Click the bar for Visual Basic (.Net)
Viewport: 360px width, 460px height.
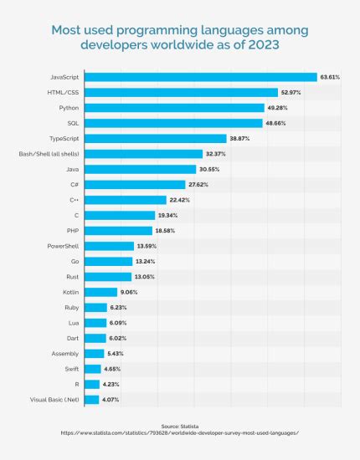[x=91, y=400]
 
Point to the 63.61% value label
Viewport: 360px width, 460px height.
[x=329, y=77]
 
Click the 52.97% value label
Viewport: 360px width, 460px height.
[x=291, y=93]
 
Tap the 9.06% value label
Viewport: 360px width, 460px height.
[x=129, y=292]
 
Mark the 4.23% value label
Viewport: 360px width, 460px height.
[x=112, y=385]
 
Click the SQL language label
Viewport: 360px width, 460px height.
[x=72, y=123]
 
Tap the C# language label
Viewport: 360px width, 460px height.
[x=75, y=185]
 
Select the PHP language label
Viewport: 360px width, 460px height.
[x=72, y=231]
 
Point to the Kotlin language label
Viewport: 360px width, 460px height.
[x=70, y=292]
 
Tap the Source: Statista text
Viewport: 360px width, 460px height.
[x=180, y=425]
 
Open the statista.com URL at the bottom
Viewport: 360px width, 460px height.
[x=180, y=433]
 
